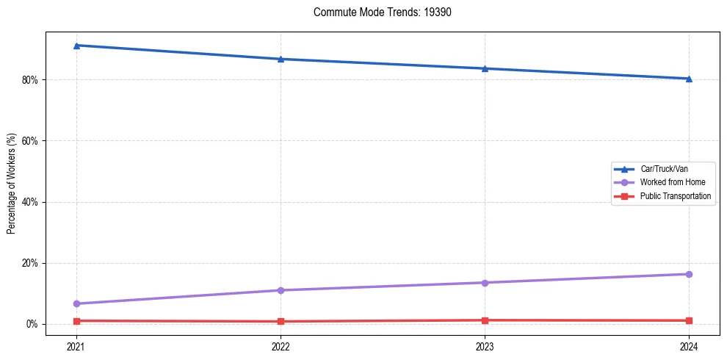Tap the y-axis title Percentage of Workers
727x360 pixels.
[x=12, y=184]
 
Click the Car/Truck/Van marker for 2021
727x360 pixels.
[x=76, y=46]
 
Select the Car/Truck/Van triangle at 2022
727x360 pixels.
[x=281, y=59]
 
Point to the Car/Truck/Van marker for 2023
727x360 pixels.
[x=485, y=68]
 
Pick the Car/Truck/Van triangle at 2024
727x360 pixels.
[x=689, y=79]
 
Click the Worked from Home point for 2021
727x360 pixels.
[x=76, y=303]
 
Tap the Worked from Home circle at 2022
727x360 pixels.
[x=281, y=290]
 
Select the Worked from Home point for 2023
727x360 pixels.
[x=485, y=283]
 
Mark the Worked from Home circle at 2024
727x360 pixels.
[x=689, y=274]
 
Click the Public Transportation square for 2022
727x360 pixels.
[x=281, y=321]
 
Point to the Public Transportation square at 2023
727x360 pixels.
[x=485, y=320]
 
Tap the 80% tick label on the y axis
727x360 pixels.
[x=30, y=79]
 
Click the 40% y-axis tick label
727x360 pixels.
[x=30, y=202]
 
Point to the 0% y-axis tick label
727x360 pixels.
[x=32, y=324]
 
